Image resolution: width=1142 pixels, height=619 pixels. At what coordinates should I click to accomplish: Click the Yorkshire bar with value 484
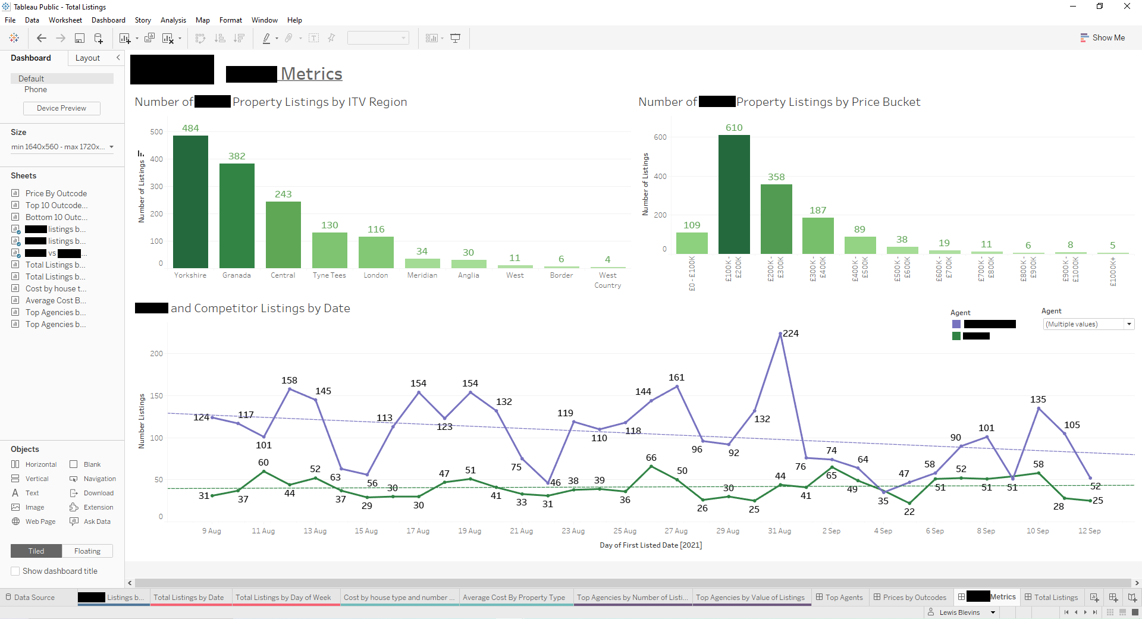[x=190, y=202]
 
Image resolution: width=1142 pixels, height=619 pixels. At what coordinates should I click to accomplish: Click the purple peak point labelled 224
[x=780, y=334]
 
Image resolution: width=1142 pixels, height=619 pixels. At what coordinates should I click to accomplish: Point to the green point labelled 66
[x=651, y=466]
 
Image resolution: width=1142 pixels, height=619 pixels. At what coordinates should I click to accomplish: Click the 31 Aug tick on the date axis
[x=779, y=531]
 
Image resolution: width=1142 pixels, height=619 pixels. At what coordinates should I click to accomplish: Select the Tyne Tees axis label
[x=329, y=275]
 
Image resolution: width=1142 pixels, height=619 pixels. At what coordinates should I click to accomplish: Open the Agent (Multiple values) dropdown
[x=1128, y=324]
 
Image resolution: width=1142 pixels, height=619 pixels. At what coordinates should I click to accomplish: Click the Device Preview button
[x=61, y=108]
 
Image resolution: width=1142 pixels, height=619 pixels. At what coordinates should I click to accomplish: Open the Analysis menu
[x=173, y=20]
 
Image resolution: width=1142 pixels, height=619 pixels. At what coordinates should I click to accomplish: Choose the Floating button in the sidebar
[x=87, y=551]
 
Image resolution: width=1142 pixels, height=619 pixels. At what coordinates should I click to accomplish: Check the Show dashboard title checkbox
[x=15, y=571]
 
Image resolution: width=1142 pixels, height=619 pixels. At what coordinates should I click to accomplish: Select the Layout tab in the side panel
[x=87, y=58]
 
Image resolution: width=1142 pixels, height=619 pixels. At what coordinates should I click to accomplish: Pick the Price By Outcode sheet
[x=56, y=193]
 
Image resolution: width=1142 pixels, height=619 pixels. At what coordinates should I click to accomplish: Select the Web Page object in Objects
[x=40, y=521]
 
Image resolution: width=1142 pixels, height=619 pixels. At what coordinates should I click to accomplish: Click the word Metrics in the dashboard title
[x=311, y=74]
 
